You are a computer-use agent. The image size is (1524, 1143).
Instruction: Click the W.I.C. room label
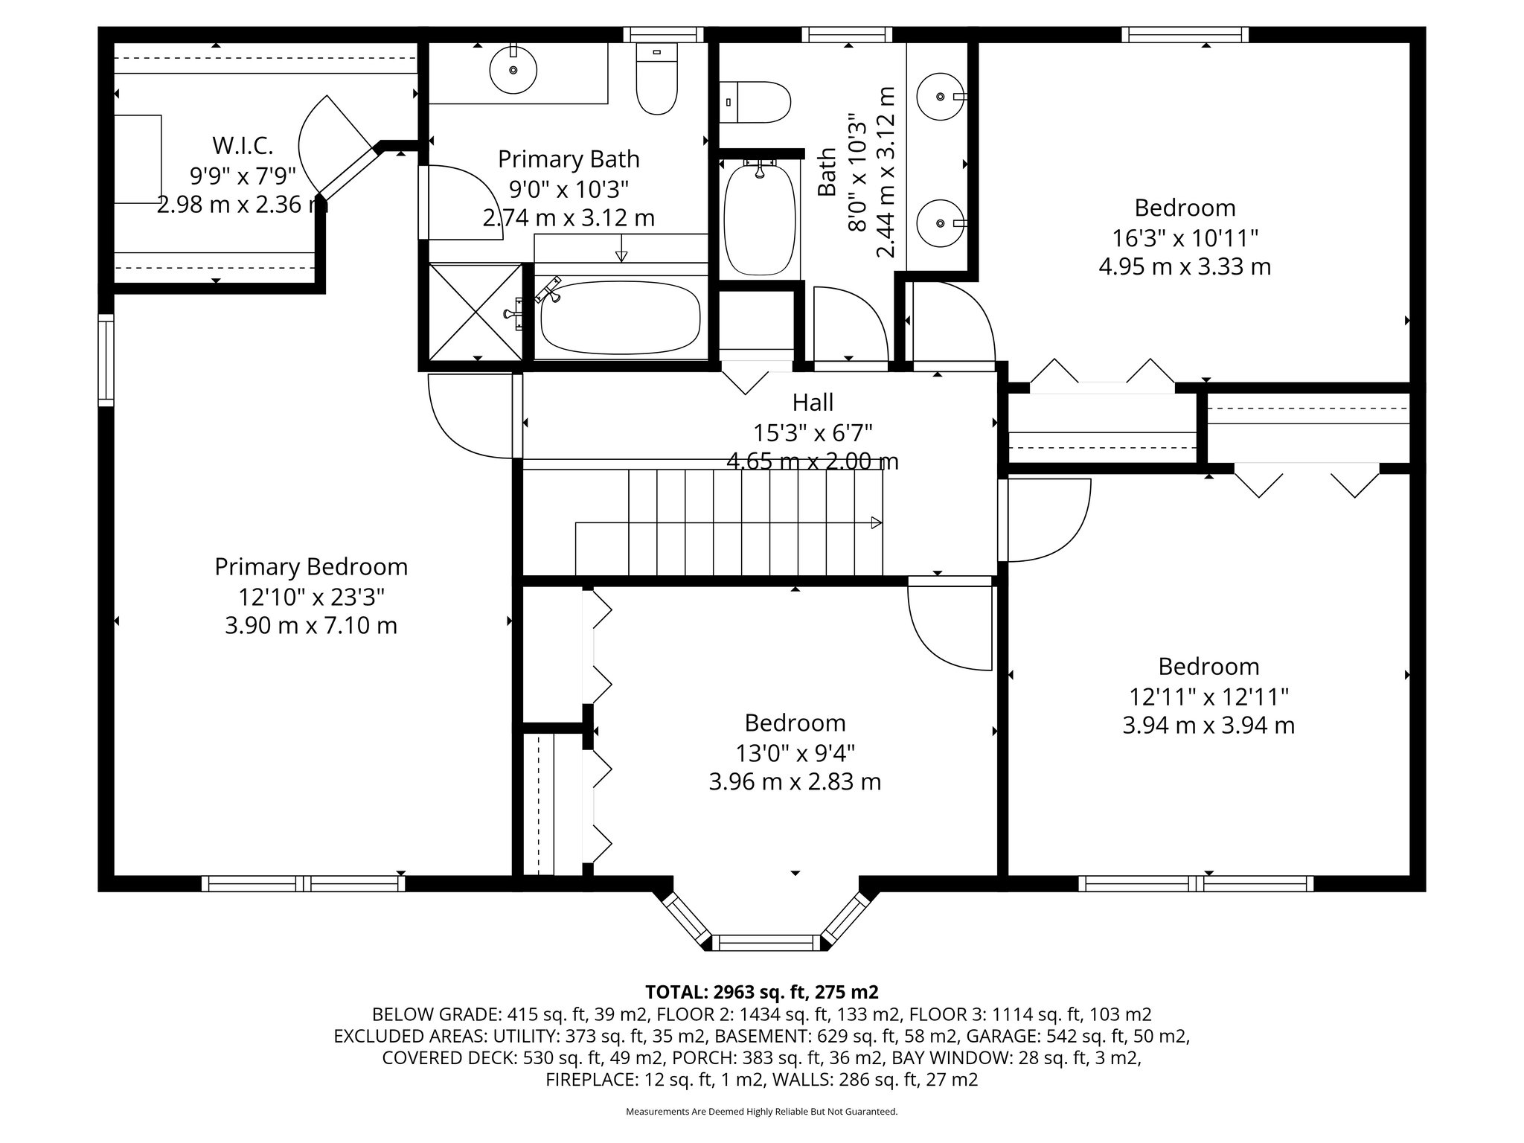coord(243,144)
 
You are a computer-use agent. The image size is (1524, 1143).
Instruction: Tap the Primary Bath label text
coord(569,159)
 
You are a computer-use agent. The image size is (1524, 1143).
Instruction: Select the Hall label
coord(813,403)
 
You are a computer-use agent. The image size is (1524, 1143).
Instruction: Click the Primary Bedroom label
coord(311,567)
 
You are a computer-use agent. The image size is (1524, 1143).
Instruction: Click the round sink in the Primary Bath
coord(513,70)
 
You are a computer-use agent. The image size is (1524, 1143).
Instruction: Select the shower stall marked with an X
coord(476,312)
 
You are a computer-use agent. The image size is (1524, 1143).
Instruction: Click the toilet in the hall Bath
coord(755,103)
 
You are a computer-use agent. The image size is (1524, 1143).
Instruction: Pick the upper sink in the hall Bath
coord(941,97)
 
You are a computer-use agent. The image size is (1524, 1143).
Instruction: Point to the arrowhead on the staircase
coord(877,523)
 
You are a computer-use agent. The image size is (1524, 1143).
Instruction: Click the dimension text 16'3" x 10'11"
coord(1185,238)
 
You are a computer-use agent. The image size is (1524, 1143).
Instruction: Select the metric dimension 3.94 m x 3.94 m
coord(1208,726)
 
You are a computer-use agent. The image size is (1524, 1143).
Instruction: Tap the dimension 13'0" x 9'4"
coord(795,754)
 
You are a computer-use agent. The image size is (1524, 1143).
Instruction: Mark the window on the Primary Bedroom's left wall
coord(106,360)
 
